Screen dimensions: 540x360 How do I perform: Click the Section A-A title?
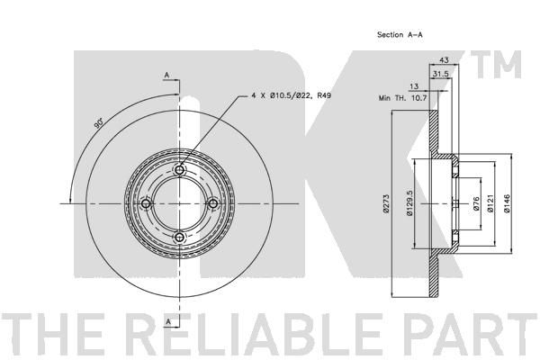coord(400,34)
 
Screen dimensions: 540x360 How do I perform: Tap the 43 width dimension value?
coord(445,60)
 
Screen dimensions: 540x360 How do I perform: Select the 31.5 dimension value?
coord(440,74)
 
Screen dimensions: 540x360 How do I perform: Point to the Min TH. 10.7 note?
coord(402,98)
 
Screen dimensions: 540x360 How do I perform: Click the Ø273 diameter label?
coord(386,204)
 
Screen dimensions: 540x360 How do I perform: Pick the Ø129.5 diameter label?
coord(409,203)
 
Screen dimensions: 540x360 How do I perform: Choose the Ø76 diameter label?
coord(476,203)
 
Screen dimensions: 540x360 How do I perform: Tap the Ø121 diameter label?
coord(490,203)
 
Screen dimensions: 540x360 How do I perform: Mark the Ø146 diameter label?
coord(506,203)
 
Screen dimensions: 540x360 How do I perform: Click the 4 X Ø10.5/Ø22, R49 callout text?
coord(292,95)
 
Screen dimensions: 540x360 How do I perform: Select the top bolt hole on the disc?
coord(179,170)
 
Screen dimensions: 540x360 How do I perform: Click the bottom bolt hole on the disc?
coord(179,238)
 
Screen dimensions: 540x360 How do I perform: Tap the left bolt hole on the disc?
coord(146,204)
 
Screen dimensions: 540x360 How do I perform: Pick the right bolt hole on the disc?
coord(212,204)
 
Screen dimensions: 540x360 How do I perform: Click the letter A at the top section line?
coord(166,75)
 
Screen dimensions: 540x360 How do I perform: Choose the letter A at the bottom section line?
coord(168,322)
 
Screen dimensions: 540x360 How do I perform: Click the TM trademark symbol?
coord(496,65)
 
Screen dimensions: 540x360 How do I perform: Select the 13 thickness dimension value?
coord(414,86)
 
